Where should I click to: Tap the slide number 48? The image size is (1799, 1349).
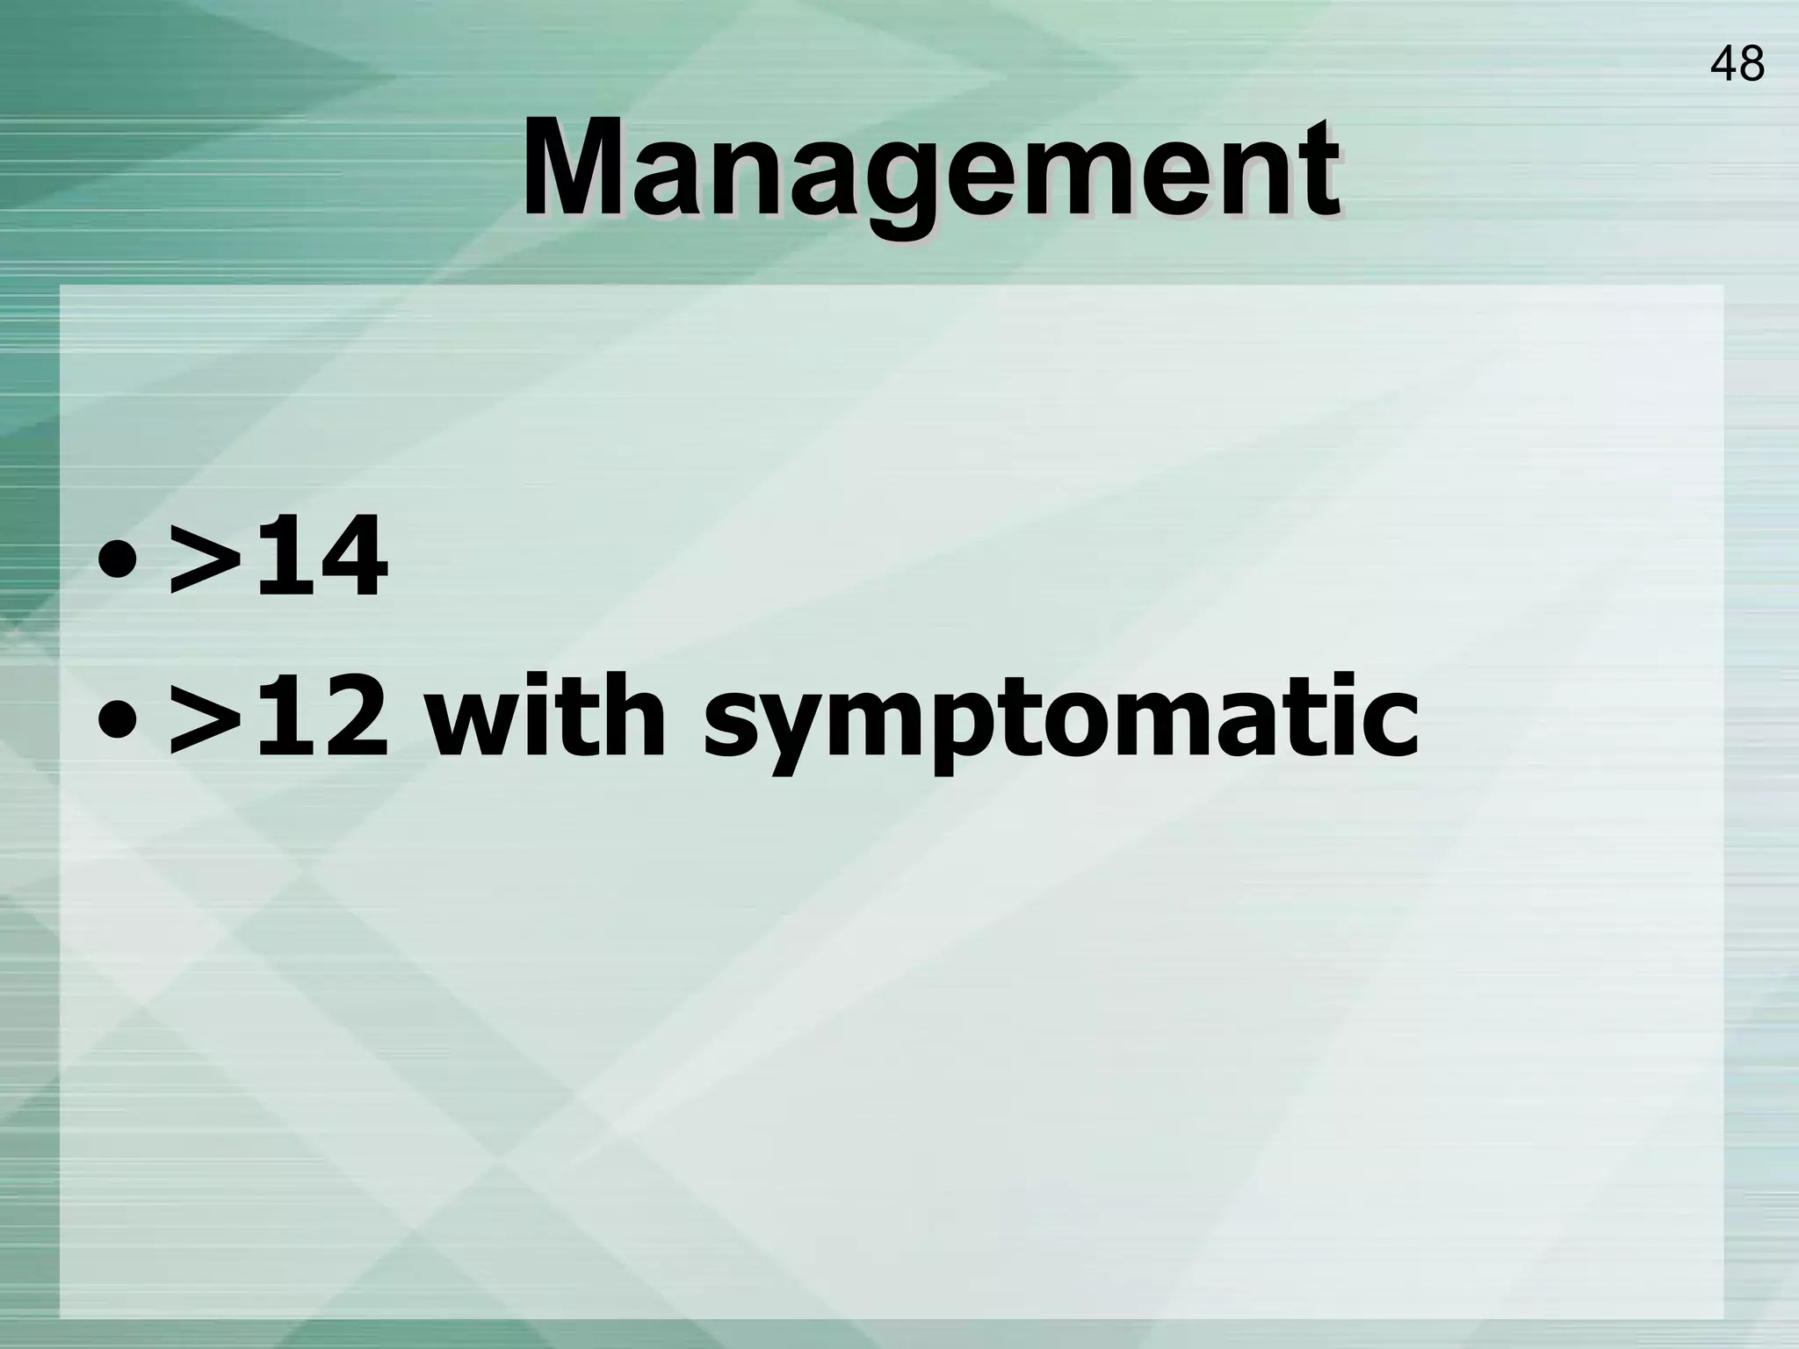pos(1737,64)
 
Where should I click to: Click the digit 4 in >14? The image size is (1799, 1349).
pos(351,556)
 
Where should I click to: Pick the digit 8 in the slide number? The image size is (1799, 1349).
pos(1751,64)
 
